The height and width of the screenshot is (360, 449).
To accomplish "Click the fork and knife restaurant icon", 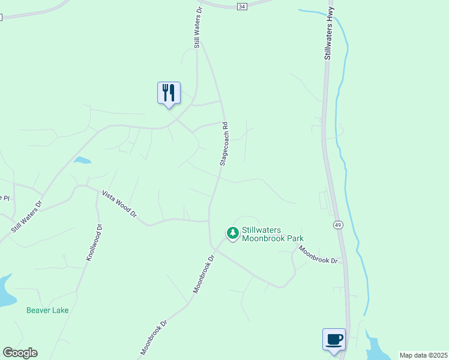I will [x=169, y=93].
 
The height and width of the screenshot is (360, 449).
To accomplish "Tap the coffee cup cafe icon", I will [x=334, y=340].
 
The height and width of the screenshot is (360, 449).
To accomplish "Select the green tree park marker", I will [x=232, y=232].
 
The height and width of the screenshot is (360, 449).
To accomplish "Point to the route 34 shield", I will [x=241, y=6].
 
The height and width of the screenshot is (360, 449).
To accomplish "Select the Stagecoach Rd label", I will [x=223, y=144].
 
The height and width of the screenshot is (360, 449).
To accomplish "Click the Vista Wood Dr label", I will [x=119, y=204].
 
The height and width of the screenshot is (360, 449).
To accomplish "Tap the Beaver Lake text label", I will [x=47, y=310].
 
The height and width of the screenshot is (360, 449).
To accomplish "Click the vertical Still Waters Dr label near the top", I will [x=197, y=27].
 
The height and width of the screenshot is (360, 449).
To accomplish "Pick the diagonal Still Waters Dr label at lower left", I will [x=26, y=217].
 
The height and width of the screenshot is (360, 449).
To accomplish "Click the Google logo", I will [x=20, y=353].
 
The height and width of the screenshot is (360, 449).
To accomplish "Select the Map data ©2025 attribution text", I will [x=423, y=355].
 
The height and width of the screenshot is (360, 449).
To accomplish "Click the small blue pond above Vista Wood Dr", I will [x=82, y=160].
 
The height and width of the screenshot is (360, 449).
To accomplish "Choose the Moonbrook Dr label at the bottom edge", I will [x=153, y=338].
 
